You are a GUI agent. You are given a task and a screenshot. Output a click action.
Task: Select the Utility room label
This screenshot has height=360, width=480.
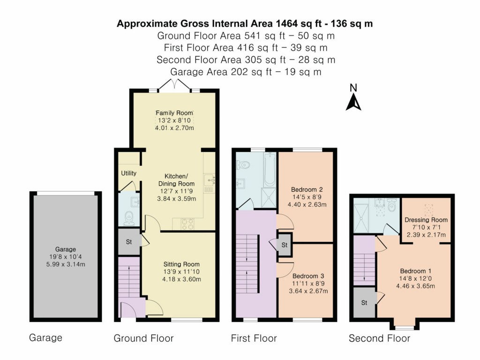pos(129,173)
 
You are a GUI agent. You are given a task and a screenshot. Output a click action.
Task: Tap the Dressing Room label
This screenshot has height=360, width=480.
pos(426,219)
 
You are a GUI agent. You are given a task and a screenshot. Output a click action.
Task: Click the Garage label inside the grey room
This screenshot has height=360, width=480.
pos(65,249)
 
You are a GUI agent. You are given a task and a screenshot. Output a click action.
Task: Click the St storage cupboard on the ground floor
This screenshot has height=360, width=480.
pos(128,242)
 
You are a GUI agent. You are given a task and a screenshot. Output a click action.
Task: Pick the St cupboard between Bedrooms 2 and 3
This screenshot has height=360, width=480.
pos(283,245)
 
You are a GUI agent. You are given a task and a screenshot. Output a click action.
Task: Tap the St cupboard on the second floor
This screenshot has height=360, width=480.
pos(364,302)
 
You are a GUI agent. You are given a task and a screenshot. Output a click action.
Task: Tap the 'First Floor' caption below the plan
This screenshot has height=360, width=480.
pos(254,338)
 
